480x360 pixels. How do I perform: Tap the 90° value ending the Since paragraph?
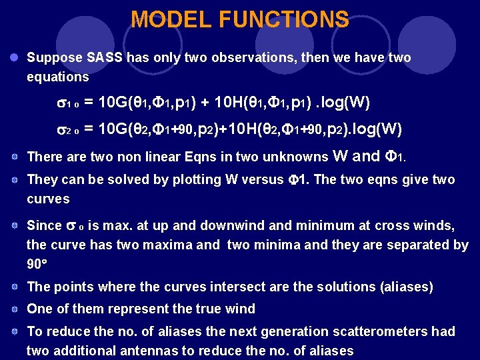point(37,265)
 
